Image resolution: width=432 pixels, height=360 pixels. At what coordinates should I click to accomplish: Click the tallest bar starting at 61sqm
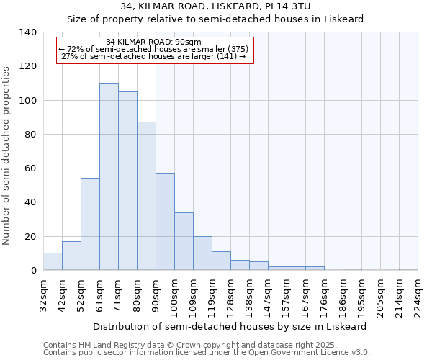(x=109, y=176)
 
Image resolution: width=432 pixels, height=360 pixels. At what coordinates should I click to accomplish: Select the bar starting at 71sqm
(x=127, y=181)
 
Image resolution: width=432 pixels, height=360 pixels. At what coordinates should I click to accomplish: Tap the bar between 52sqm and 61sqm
(x=90, y=224)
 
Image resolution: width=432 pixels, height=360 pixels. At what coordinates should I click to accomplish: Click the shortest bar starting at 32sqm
(x=53, y=261)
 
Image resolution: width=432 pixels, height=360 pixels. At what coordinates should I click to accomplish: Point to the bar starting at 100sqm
(x=184, y=241)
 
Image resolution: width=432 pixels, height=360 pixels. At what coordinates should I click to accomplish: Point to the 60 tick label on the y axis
(x=30, y=168)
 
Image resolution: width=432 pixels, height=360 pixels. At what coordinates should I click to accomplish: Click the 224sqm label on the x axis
(x=418, y=294)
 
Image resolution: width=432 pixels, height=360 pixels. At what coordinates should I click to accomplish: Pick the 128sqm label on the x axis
(x=230, y=294)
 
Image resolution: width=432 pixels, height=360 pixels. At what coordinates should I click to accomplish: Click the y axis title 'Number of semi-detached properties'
(x=7, y=155)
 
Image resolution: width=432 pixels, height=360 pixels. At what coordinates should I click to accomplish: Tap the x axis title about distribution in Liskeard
(x=230, y=326)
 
